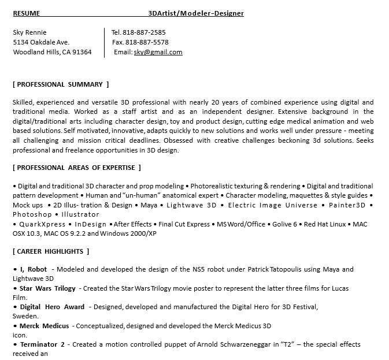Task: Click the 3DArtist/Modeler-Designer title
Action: (x=196, y=13)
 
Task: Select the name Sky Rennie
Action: (x=29, y=32)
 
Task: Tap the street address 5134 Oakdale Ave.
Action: (x=41, y=42)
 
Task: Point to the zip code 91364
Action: (x=81, y=52)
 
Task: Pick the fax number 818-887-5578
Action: (x=147, y=42)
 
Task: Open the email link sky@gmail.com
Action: (x=158, y=52)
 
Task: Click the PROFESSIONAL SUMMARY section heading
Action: (x=61, y=84)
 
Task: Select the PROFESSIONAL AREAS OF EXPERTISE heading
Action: (x=77, y=168)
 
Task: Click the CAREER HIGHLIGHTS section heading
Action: (x=51, y=251)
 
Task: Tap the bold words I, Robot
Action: (x=34, y=269)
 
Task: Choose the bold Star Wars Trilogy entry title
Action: (x=48, y=288)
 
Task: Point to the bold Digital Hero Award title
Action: (x=53, y=307)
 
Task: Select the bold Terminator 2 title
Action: (x=43, y=344)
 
